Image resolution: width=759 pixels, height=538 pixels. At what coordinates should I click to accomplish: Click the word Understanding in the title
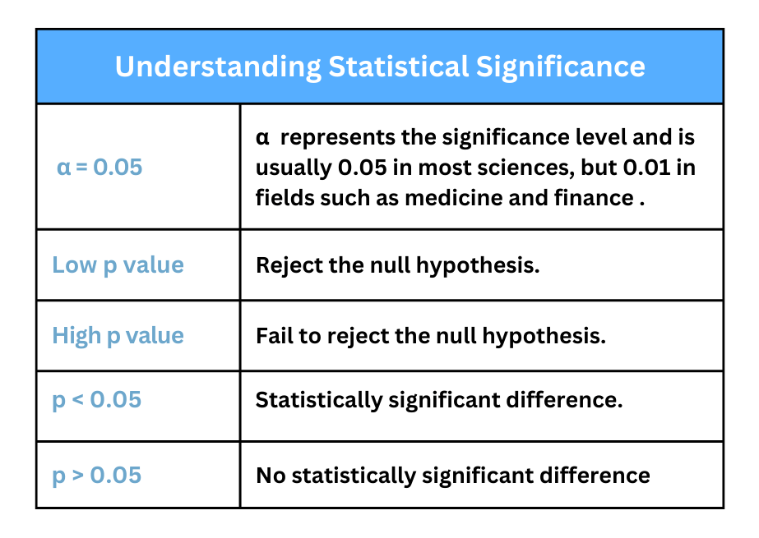coord(218,67)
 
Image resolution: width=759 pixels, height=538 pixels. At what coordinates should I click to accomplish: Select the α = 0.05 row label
coord(100,168)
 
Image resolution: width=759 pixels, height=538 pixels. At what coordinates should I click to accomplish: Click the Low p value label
coord(118,265)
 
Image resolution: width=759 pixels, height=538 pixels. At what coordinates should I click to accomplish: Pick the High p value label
coord(118,335)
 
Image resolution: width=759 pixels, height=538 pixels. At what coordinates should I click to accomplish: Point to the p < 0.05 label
coord(97,400)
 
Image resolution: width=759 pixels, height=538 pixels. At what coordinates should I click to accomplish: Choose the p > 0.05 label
coord(97,476)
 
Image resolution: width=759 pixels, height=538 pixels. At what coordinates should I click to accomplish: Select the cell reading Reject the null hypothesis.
coord(398,265)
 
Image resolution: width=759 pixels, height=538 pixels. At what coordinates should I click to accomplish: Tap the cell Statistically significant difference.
coord(439,400)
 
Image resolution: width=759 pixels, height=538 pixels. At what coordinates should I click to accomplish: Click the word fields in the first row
coord(283,198)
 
